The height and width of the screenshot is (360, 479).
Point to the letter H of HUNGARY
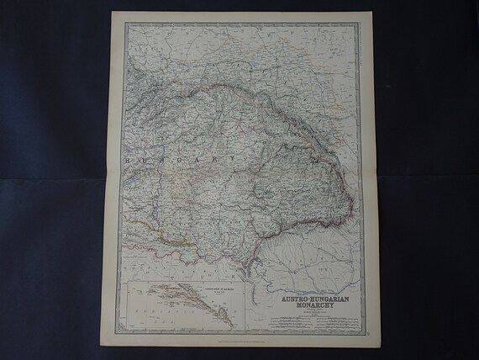[126, 157]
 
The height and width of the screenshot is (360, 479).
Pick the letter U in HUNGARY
[142, 157]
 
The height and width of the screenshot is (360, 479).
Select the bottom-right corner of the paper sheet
[371, 347]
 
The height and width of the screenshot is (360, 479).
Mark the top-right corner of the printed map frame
[363, 24]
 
